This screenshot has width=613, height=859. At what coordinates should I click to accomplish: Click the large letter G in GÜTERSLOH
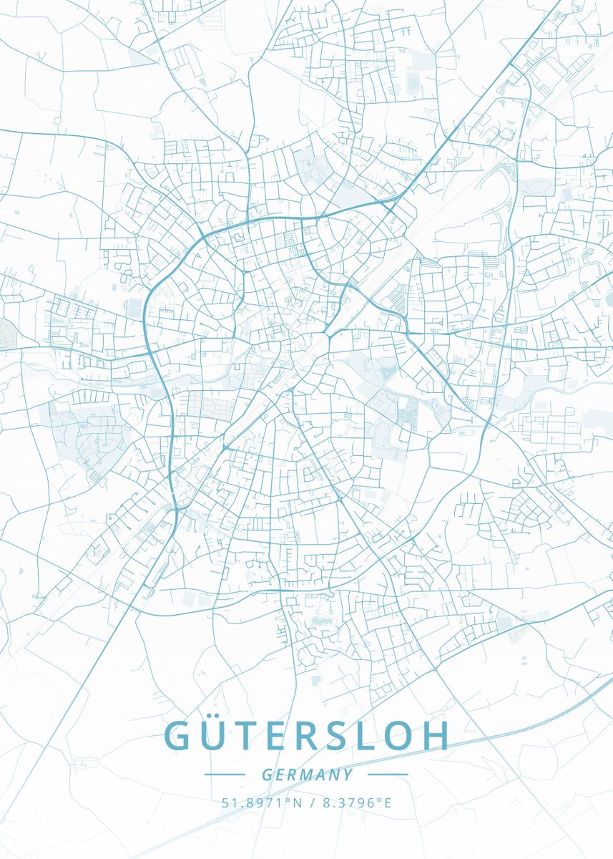pyautogui.click(x=179, y=736)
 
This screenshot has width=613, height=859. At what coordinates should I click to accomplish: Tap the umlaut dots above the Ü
pyautogui.click(x=217, y=716)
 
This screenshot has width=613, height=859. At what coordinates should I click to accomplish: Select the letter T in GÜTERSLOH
pyautogui.click(x=250, y=736)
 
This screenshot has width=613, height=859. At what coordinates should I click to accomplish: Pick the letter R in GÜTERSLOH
pyautogui.click(x=315, y=736)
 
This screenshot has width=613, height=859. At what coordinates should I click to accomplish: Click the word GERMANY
pyautogui.click(x=307, y=775)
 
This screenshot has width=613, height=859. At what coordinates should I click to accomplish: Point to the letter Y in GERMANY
pyautogui.click(x=348, y=775)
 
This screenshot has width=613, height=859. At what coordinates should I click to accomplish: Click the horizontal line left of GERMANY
pyautogui.click(x=225, y=775)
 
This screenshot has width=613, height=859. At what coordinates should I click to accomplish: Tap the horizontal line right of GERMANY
pyautogui.click(x=387, y=775)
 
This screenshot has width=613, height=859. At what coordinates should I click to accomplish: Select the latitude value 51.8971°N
pyautogui.click(x=262, y=802)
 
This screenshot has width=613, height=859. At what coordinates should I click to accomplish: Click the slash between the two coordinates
pyautogui.click(x=313, y=802)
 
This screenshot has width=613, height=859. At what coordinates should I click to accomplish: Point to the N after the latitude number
pyautogui.click(x=298, y=802)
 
